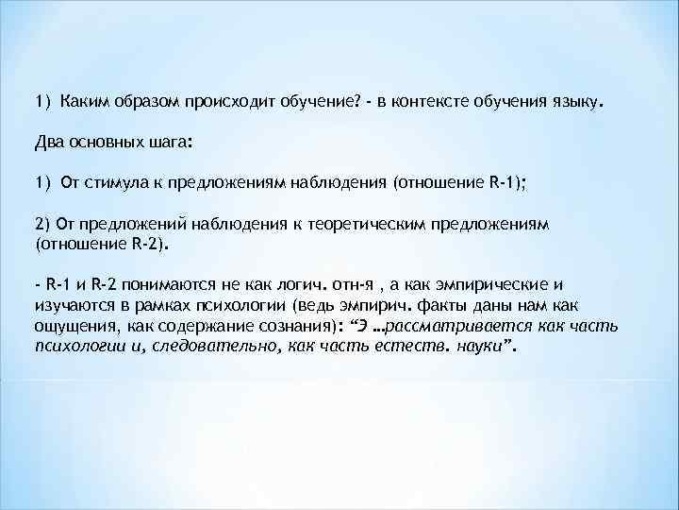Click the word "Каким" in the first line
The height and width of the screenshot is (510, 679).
pyautogui.click(x=82, y=100)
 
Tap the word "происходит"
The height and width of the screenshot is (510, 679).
pyautogui.click(x=225, y=100)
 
